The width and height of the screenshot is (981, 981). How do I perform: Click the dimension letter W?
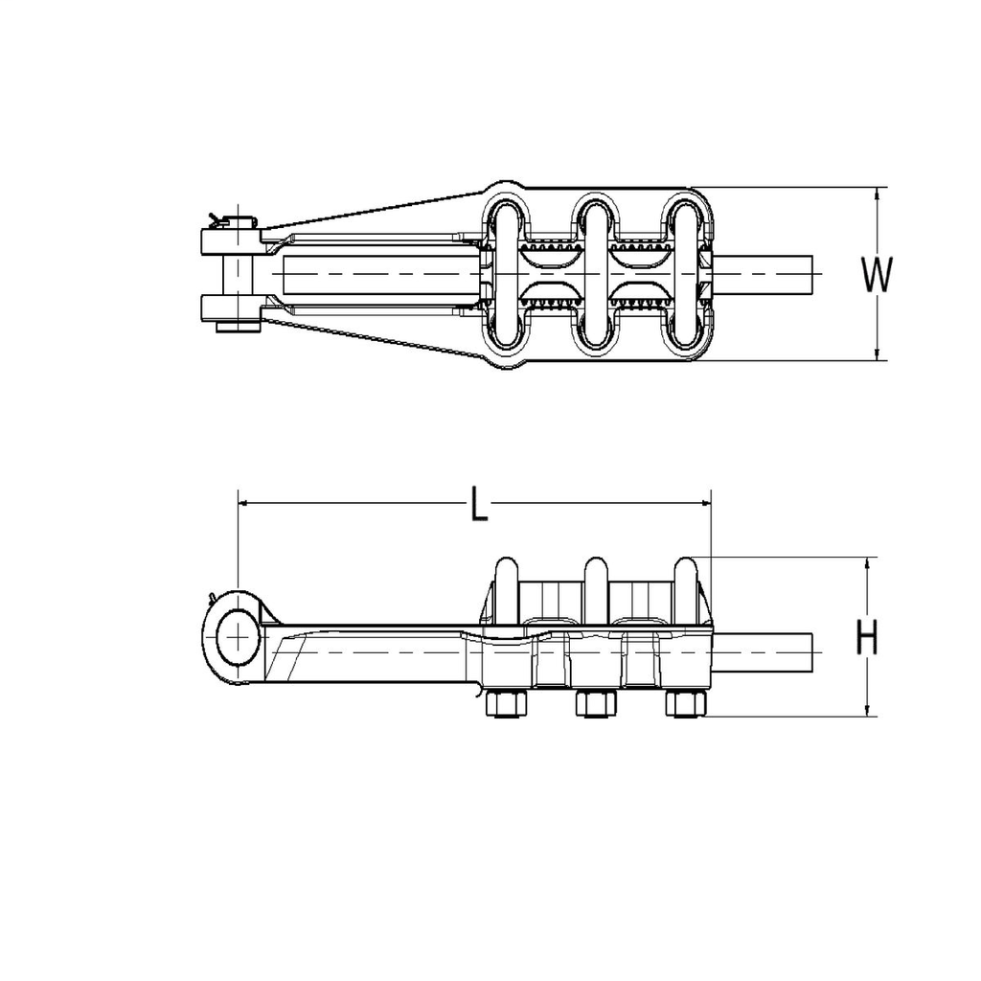click(876, 275)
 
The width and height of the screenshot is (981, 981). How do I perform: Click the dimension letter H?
click(867, 636)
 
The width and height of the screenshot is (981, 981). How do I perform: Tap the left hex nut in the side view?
click(505, 705)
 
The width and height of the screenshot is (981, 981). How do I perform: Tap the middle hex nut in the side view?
click(594, 705)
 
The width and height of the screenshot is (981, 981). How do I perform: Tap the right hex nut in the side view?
click(684, 705)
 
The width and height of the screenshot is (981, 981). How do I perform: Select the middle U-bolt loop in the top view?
click(595, 274)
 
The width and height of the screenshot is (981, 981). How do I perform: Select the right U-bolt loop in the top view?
click(685, 274)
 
